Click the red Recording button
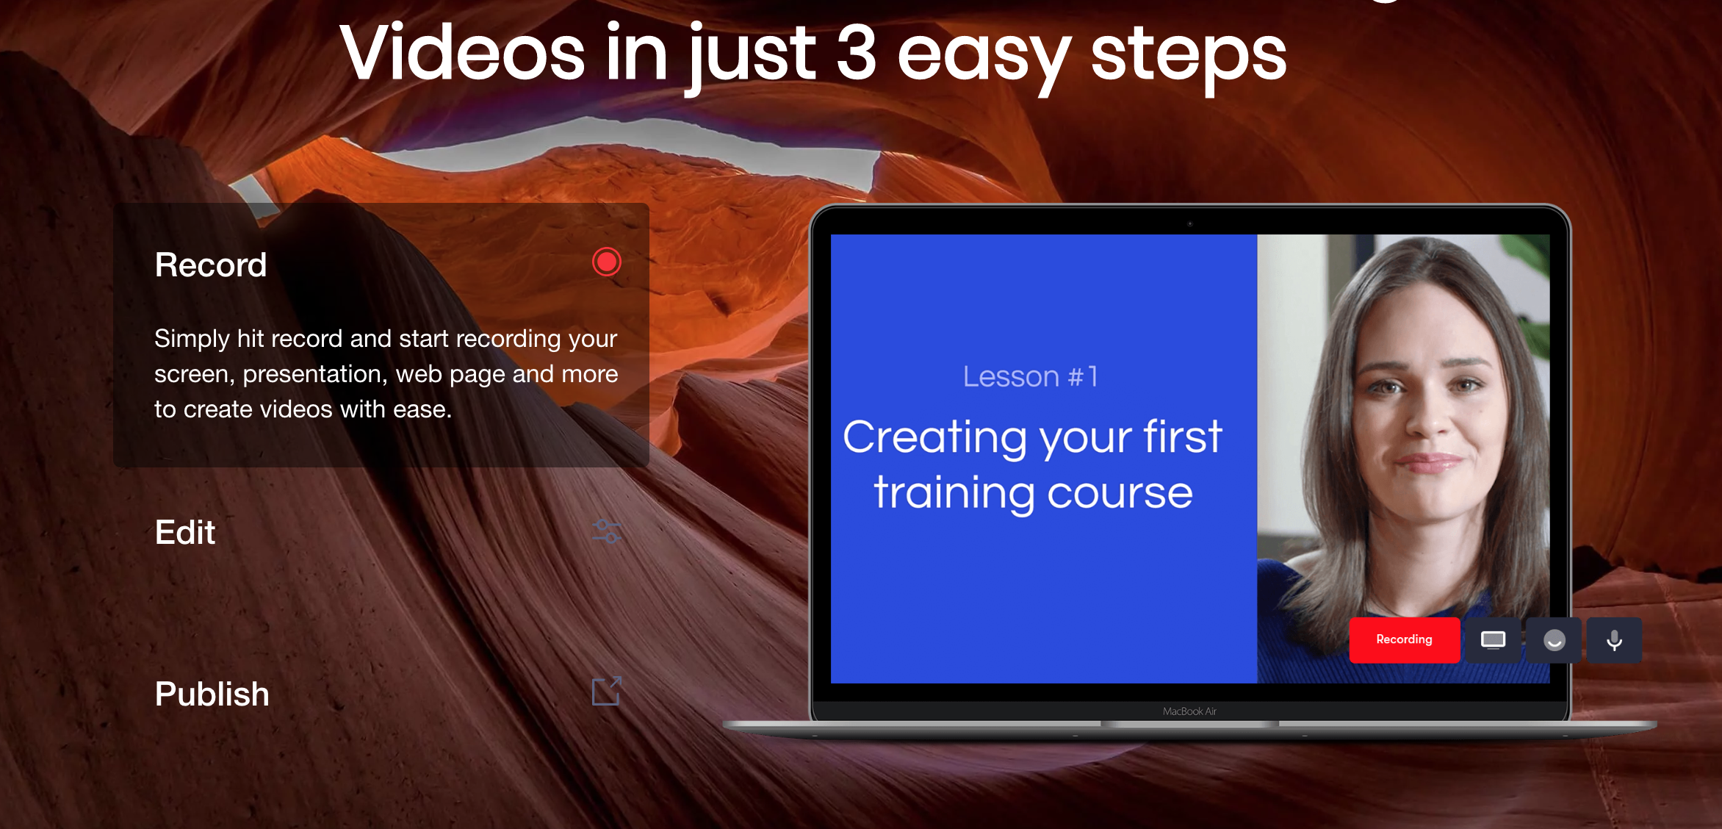point(1404,640)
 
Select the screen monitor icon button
point(1493,640)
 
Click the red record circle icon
point(607,262)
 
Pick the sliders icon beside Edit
point(607,531)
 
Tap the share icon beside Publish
point(607,691)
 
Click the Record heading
point(211,265)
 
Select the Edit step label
point(185,532)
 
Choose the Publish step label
point(212,694)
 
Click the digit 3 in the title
point(857,53)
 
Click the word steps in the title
point(1189,57)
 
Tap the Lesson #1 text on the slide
point(1031,376)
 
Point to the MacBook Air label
point(1189,711)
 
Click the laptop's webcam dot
point(1190,223)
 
